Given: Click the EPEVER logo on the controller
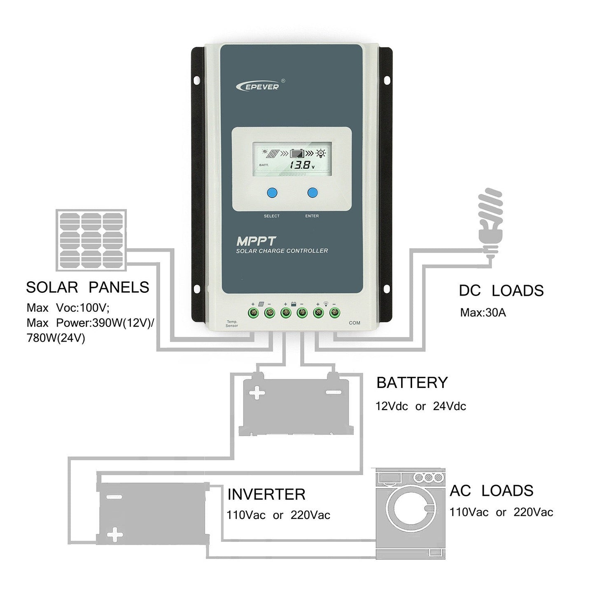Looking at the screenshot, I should point(259,86).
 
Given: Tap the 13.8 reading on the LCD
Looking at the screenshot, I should point(300,166).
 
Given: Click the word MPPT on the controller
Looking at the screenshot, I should point(250,241).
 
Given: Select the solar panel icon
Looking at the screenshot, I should point(91,240).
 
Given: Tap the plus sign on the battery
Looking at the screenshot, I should point(258,393).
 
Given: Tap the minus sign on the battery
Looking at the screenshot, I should point(332,392).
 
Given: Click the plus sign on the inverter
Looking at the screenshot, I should point(114,536).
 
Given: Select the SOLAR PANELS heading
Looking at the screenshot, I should point(87,287).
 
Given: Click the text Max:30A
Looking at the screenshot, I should point(483,313).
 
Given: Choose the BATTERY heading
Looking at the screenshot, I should point(412,383).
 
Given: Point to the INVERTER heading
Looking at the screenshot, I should point(266,494).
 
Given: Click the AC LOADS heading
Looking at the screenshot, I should point(491,491).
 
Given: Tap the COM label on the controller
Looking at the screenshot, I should point(354,323).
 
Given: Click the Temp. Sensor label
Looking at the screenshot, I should point(232,324).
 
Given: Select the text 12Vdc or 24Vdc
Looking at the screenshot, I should point(420,406).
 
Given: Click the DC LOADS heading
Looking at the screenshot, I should point(501,291).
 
